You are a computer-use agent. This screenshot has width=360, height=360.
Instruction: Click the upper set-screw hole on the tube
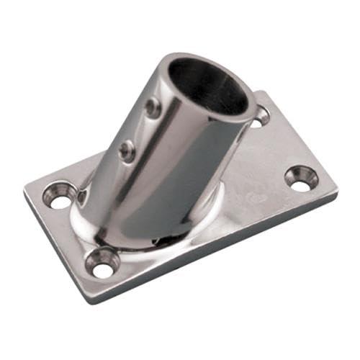[152, 109]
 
